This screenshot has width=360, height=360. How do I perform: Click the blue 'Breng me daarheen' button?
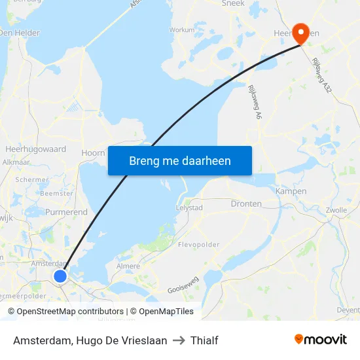(x=179, y=160)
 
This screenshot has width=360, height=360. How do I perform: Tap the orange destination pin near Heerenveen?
(x=301, y=33)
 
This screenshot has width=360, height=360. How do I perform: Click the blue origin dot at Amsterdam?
(x=60, y=276)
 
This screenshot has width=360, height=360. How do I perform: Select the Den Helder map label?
(x=20, y=33)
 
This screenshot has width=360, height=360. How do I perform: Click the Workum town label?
(x=182, y=29)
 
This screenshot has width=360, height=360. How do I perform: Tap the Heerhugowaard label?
(x=36, y=149)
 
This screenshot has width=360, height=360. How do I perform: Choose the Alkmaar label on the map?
(x=16, y=162)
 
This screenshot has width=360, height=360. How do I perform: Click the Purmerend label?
(x=66, y=212)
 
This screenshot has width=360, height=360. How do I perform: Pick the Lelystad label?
(x=189, y=207)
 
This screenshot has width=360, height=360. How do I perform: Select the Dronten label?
(x=246, y=204)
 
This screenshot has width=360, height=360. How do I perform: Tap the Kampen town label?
(x=291, y=191)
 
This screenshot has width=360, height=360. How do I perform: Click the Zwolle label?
(x=335, y=210)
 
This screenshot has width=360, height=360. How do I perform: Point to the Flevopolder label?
(x=198, y=245)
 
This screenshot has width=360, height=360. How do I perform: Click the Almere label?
(x=128, y=266)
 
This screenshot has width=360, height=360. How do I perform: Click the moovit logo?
(x=320, y=340)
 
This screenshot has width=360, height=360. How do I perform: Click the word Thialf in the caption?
(x=204, y=340)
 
